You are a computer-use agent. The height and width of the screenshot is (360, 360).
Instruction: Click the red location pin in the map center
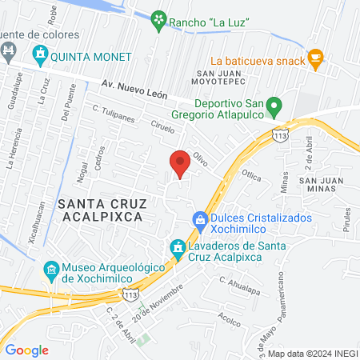[x=180, y=163]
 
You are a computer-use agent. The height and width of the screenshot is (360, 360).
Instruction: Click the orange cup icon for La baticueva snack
[x=315, y=57]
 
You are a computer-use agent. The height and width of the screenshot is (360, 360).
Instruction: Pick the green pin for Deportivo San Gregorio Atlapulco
[x=274, y=105]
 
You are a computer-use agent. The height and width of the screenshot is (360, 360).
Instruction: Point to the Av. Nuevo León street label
[x=135, y=89]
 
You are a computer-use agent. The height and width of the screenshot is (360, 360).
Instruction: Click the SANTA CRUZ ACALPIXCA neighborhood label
[x=100, y=210]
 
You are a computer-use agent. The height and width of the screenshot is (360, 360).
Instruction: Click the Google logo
[x=27, y=350]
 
